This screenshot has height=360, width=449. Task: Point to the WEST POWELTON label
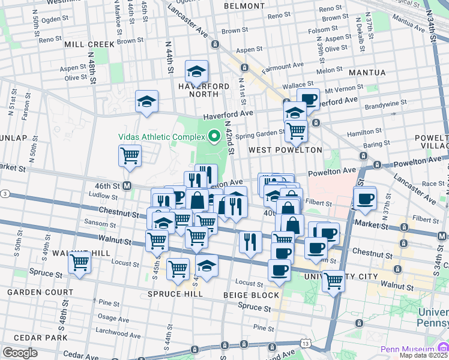(x=285, y=149)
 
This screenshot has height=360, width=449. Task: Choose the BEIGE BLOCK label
(x=251, y=295)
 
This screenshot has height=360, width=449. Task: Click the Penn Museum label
(x=408, y=349)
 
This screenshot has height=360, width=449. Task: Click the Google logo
(x=20, y=353)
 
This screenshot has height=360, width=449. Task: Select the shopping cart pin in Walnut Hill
(x=79, y=262)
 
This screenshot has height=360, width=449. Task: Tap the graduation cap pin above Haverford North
(x=196, y=72)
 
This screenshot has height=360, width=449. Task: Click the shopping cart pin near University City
(x=333, y=279)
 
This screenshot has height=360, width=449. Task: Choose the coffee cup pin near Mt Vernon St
(x=308, y=99)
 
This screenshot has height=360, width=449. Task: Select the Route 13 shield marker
(x=307, y=343)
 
